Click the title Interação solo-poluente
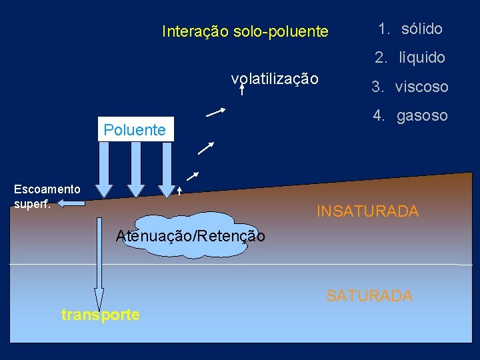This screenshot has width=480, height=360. tap(245, 31)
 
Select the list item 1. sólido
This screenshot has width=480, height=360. tap(410, 29)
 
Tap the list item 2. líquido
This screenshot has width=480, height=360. tap(410, 58)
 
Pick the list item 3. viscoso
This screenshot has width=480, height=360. tap(410, 87)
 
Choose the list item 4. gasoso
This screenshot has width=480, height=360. tap(410, 115)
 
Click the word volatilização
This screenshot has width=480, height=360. tap(275, 79)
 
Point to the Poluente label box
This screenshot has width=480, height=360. tap(135, 129)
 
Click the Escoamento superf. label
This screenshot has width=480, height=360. tap(47, 196)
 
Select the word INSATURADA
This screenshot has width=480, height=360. tap(367, 211)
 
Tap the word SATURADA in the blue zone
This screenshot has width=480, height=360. tap(369, 295)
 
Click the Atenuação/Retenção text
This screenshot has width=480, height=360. tap(190, 235)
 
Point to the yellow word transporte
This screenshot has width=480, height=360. tap(100, 315)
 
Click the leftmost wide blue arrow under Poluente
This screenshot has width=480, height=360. tap(105, 169)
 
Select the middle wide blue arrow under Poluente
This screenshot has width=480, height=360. tap(136, 169)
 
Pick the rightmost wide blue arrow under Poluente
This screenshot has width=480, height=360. tap(166, 169)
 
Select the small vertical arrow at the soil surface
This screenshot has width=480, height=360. tap(180, 191)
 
